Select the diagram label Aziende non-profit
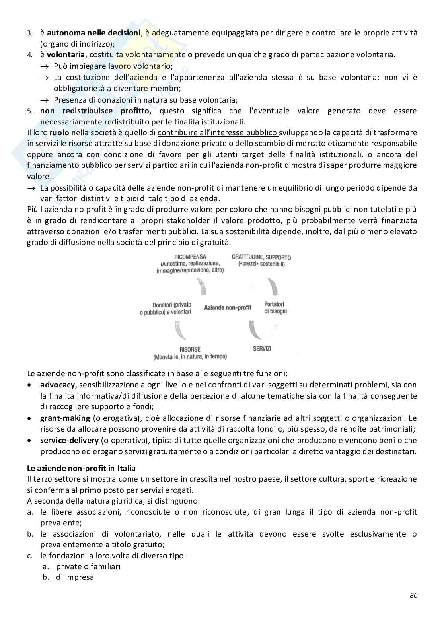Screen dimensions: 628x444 coord(228,307)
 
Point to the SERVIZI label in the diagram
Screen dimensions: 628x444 coord(262,349)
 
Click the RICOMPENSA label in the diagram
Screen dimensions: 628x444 coord(190,257)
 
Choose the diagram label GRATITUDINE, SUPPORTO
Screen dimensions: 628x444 coord(261,257)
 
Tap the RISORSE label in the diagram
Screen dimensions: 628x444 coord(190,350)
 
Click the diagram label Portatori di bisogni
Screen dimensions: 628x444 coord(275,308)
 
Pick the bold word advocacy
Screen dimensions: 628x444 coord(57,385)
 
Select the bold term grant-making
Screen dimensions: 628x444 coord(65,418)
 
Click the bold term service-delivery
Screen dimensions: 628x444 coord(69,440)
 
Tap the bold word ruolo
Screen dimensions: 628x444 coord(59,132)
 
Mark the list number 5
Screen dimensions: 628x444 coord(30,111)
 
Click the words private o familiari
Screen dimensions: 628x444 coord(88,566)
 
